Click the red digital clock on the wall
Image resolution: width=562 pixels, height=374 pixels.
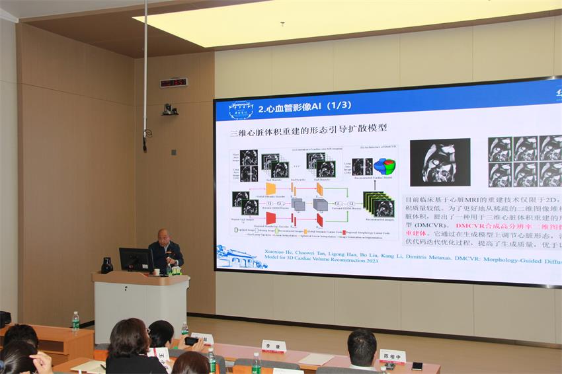click(x=173, y=83)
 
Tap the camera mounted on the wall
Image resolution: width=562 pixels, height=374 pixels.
click(x=170, y=110)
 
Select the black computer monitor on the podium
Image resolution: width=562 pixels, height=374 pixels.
click(x=136, y=259)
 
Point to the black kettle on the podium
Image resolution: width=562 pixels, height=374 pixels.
click(x=107, y=265)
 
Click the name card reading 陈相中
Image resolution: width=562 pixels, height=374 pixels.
click(x=392, y=356)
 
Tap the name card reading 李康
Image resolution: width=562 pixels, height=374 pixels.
click(x=273, y=346)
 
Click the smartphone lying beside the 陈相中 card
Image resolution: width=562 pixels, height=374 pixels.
click(x=417, y=365)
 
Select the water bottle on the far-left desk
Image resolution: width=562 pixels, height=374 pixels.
click(x=75, y=321)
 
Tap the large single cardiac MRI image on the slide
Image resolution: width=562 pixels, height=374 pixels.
click(x=440, y=162)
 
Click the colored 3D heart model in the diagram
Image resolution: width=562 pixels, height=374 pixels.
click(x=384, y=166)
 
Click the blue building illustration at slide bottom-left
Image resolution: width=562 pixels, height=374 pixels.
click(x=241, y=256)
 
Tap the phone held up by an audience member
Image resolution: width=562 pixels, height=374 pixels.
click(x=191, y=341)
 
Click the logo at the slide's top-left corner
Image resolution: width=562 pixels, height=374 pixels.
click(x=241, y=110)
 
